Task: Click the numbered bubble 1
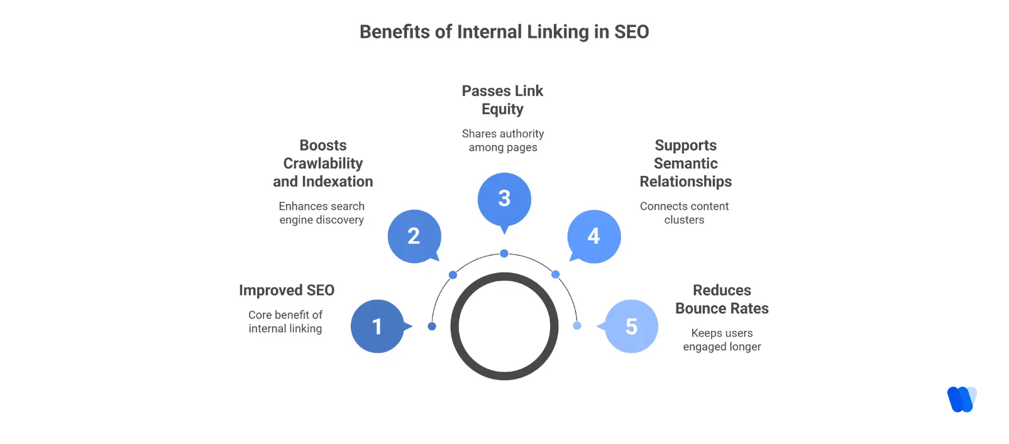click(x=377, y=327)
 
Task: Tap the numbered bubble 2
click(x=414, y=236)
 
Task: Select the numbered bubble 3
click(x=504, y=199)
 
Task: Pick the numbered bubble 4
click(x=594, y=236)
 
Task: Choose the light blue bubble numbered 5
click(x=631, y=327)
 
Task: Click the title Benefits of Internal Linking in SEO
click(x=504, y=32)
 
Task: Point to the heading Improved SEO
click(x=287, y=290)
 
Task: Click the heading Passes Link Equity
click(x=502, y=100)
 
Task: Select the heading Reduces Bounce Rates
click(x=722, y=300)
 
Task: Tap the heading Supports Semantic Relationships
click(x=685, y=163)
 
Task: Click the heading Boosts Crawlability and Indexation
click(x=323, y=163)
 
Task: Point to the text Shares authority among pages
click(x=503, y=141)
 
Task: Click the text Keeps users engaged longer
click(x=722, y=340)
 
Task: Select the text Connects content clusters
click(x=684, y=213)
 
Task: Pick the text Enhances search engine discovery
click(x=322, y=213)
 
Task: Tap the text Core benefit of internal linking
click(x=285, y=322)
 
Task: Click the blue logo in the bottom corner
click(x=961, y=399)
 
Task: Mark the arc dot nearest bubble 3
click(x=504, y=254)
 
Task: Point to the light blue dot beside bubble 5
click(x=577, y=326)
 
